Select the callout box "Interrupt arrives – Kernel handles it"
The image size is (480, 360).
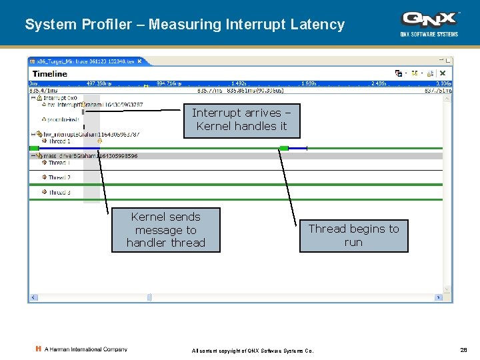pyautogui.click(x=241, y=120)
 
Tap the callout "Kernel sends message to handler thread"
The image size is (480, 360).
pyautogui.click(x=166, y=230)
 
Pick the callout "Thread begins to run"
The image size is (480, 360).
pyautogui.click(x=353, y=235)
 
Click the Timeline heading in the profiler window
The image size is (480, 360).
pyautogui.click(x=50, y=73)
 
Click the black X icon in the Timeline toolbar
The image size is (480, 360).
pyautogui.click(x=442, y=73)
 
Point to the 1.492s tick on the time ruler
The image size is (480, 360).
pyautogui.click(x=238, y=84)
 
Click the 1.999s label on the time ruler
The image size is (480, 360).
pyautogui.click(x=309, y=84)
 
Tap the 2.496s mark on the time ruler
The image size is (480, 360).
pyautogui.click(x=379, y=84)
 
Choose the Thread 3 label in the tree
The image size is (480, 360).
pyautogui.click(x=59, y=193)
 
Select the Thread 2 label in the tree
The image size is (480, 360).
pyautogui.click(x=59, y=178)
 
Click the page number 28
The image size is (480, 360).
pyautogui.click(x=463, y=350)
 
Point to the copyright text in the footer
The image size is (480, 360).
pyautogui.click(x=253, y=351)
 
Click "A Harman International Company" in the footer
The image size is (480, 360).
pyautogui.click(x=85, y=349)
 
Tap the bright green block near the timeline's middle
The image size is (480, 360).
pyautogui.click(x=284, y=148)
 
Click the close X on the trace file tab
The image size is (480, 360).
pyautogui.click(x=147, y=61)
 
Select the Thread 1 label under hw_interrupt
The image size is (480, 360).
pyautogui.click(x=59, y=141)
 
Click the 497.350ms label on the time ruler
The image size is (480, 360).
pyautogui.click(x=99, y=84)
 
